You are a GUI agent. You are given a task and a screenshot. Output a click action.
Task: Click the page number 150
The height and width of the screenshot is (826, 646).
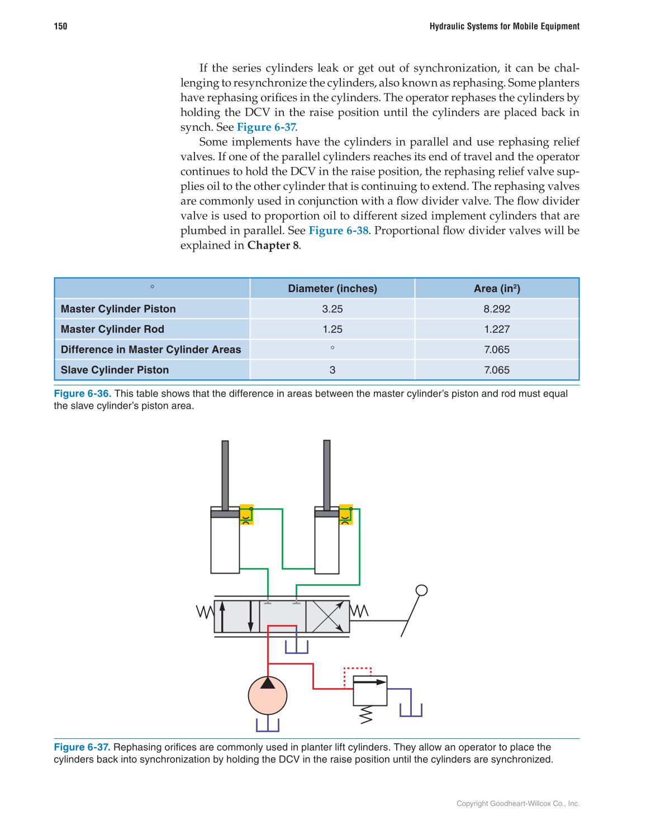60,26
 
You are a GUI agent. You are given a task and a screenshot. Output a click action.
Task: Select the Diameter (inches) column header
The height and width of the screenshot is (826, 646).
332,288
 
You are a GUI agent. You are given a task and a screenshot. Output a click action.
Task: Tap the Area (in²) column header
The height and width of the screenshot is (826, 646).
497,288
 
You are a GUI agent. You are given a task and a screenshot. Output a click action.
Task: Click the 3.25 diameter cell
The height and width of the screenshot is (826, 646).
332,309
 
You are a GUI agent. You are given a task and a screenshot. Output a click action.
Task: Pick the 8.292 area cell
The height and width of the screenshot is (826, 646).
497,309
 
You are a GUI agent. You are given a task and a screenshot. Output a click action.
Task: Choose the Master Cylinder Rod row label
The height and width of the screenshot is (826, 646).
112,329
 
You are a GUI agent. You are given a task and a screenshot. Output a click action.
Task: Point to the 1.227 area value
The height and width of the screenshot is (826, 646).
497,329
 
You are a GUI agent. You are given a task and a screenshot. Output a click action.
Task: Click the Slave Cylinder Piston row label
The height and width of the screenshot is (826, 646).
115,370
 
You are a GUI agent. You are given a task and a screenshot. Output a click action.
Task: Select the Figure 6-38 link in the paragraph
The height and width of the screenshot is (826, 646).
339,230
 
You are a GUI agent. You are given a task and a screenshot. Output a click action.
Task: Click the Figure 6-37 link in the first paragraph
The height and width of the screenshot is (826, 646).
266,127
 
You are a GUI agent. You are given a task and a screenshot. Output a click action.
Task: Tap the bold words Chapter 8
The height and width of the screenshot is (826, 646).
273,245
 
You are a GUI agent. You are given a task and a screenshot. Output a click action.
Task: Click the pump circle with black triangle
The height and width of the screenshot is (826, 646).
268,695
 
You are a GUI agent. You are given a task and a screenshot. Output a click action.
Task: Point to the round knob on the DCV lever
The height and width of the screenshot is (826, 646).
422,590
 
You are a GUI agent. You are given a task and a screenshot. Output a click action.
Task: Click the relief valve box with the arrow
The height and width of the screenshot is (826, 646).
370,690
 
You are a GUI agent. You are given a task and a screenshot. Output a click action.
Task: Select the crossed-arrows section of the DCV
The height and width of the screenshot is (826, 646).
327,617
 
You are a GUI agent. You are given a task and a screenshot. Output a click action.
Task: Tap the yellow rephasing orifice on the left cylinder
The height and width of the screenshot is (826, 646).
246,514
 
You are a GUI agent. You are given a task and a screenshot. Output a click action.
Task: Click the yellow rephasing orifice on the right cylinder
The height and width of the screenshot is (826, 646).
346,514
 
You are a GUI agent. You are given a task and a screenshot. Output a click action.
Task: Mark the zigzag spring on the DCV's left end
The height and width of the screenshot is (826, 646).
205,612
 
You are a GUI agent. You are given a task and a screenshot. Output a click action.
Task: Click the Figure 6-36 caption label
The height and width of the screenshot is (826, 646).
82,393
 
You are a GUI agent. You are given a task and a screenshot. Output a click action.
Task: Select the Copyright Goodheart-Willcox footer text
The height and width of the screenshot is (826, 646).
518,803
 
